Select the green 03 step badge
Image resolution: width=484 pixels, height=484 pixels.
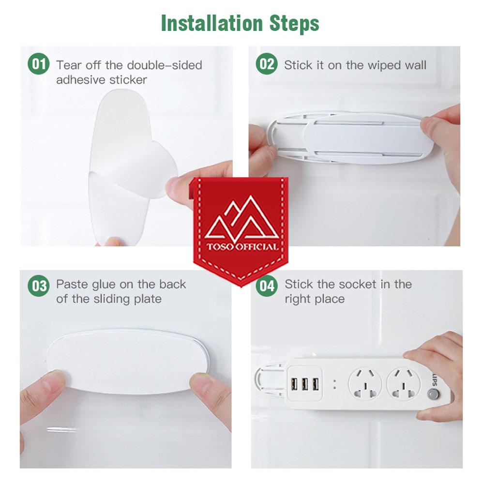point(39,286)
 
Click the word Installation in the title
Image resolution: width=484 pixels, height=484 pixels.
point(212,23)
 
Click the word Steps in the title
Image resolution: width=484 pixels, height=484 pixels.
point(294,24)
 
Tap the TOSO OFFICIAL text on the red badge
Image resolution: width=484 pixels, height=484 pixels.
point(242,247)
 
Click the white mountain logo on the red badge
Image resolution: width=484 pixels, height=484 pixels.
point(242,218)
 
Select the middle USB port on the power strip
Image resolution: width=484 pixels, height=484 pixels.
point(304,384)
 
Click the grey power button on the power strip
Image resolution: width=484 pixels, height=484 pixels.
point(433,394)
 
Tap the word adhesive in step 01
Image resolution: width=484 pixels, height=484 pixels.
point(78,80)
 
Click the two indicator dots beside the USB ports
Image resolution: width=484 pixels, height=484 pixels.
point(334,384)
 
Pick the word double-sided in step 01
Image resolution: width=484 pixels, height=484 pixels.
point(165,65)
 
